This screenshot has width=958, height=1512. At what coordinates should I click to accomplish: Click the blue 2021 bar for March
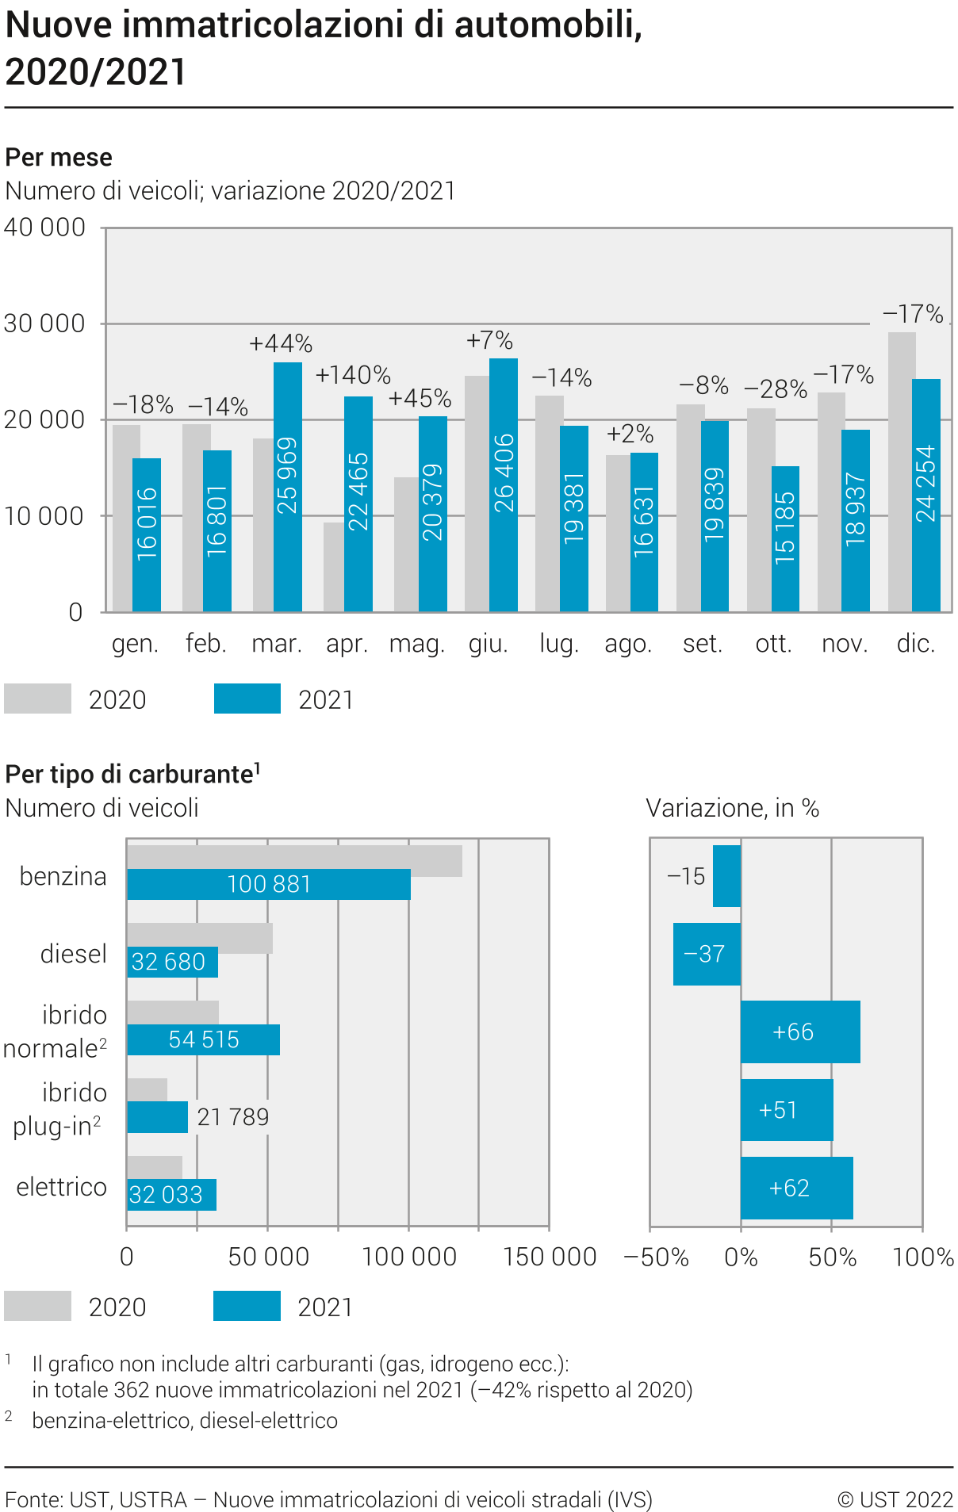click(x=287, y=486)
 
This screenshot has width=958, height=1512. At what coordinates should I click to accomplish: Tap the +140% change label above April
click(x=353, y=375)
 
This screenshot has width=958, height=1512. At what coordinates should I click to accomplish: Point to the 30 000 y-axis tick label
click(x=44, y=323)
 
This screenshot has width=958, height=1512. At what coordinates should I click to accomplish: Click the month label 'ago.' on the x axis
click(x=628, y=644)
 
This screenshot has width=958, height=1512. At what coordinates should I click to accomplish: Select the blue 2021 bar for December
click(x=925, y=495)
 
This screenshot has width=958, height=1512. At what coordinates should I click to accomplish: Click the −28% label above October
click(x=775, y=389)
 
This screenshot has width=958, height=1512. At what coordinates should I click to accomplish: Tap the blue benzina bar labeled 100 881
click(x=269, y=884)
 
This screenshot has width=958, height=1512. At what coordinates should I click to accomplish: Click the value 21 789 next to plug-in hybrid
click(x=233, y=1117)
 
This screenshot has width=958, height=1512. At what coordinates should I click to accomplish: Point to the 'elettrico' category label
click(x=61, y=1187)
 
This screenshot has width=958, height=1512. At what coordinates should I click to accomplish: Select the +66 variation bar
click(x=799, y=1032)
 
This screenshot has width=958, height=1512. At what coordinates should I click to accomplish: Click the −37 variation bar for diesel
click(x=706, y=954)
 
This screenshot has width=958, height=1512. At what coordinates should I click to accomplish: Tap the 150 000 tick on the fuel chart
click(x=550, y=1257)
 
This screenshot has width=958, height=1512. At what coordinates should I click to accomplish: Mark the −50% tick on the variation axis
click(x=656, y=1257)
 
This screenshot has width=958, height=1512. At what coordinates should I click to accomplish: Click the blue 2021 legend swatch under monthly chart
click(x=247, y=699)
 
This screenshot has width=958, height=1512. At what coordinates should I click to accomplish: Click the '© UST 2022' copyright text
click(x=895, y=1499)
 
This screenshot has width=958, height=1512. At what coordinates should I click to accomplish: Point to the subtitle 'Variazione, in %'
click(x=732, y=808)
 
